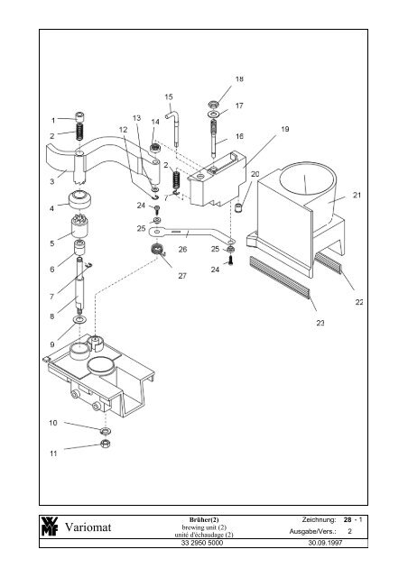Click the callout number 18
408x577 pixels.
click(x=239, y=78)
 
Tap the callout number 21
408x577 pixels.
click(x=357, y=195)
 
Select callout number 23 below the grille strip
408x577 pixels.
click(x=320, y=323)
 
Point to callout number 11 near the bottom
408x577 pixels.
click(x=53, y=453)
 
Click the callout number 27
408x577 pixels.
click(x=182, y=276)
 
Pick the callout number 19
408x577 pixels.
click(x=285, y=129)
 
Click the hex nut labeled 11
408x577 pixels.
click(x=106, y=444)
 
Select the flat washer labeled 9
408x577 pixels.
click(x=79, y=319)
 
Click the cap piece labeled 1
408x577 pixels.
click(x=80, y=118)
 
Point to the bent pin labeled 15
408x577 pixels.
click(x=173, y=128)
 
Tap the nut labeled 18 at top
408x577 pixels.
click(x=213, y=104)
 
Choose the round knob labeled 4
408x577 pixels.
click(x=80, y=200)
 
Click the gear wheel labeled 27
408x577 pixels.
click(x=157, y=250)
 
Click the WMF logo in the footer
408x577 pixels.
click(x=50, y=527)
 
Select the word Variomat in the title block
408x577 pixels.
click(x=88, y=527)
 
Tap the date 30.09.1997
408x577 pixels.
click(x=325, y=543)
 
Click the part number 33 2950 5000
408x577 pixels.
click(x=202, y=543)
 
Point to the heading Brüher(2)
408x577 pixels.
click(x=204, y=519)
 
